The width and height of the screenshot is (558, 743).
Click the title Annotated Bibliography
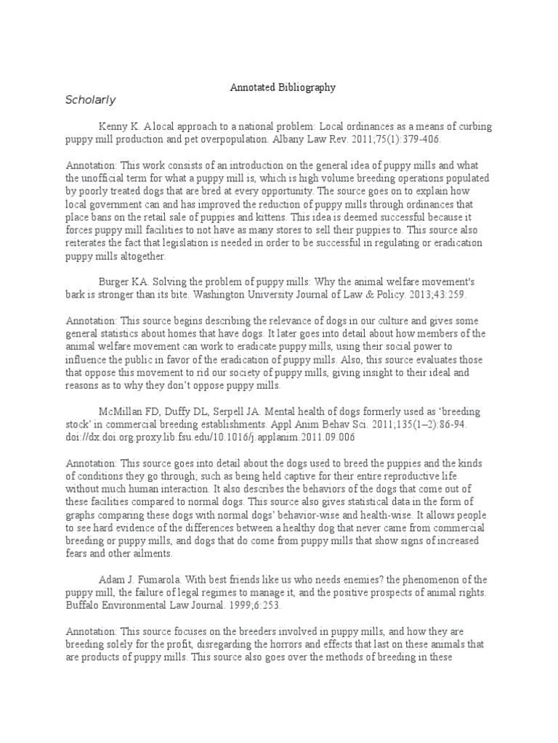coord(283,87)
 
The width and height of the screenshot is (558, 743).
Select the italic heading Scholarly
coord(91,100)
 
